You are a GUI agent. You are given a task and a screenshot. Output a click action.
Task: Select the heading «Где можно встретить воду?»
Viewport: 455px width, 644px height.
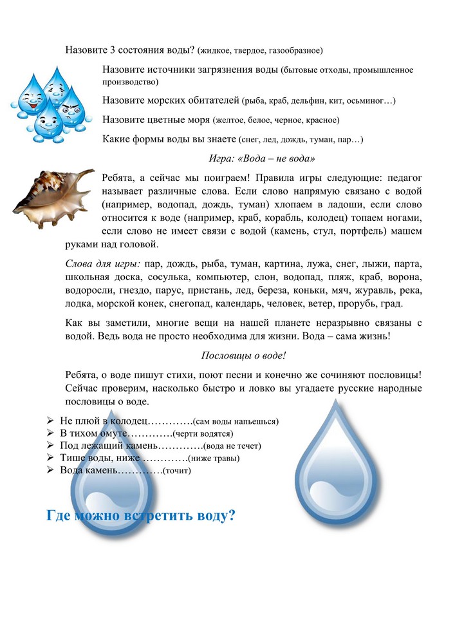pyautogui.click(x=140, y=516)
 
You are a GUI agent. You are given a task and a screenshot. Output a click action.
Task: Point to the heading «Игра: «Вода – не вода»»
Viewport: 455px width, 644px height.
pyautogui.click(x=262, y=158)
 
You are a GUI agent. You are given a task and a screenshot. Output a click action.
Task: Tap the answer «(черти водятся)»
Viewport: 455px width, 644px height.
pyautogui.click(x=202, y=433)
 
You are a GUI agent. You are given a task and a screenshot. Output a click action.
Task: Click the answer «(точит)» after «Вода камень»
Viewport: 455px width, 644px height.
pyautogui.click(x=177, y=471)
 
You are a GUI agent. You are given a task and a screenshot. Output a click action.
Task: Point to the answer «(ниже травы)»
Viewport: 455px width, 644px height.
pyautogui.click(x=213, y=459)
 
